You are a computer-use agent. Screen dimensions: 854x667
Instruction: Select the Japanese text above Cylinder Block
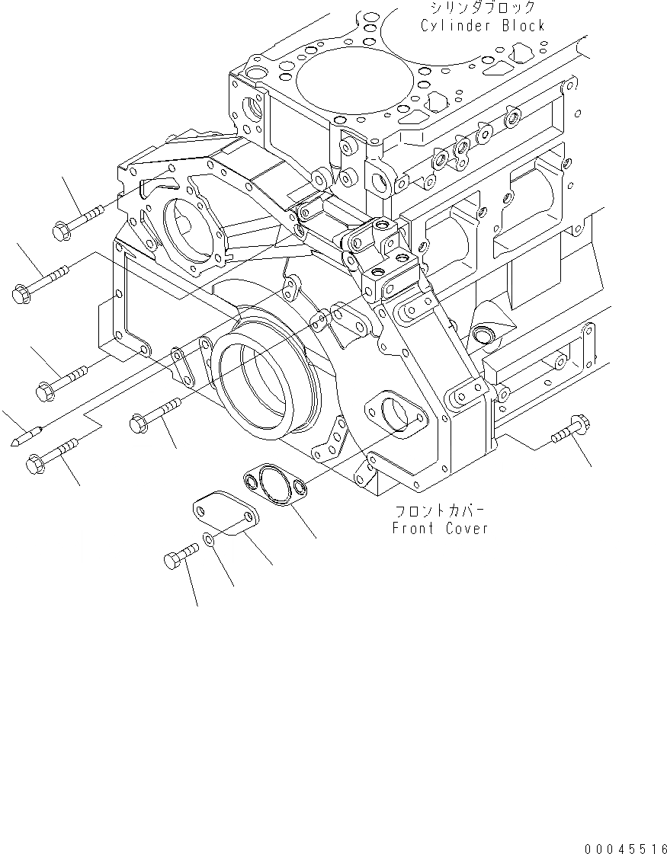(x=483, y=8)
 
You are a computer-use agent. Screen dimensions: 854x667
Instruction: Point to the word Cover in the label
(x=464, y=528)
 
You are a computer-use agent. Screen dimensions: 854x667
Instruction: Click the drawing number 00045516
(x=624, y=847)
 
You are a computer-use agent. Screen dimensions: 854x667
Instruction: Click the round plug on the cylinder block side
(x=482, y=334)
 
